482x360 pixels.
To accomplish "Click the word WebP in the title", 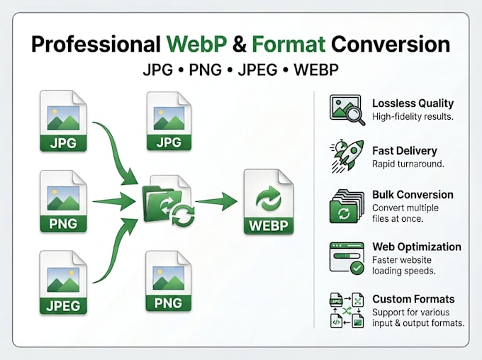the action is [x=197, y=44].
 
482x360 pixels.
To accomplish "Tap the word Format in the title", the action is [x=288, y=44].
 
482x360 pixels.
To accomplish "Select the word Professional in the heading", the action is [x=96, y=44].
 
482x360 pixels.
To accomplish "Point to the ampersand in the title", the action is [x=240, y=44].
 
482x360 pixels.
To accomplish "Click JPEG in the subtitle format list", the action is [x=257, y=69].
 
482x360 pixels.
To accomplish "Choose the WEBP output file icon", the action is [x=269, y=202].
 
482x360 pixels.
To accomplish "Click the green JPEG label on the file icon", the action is [x=63, y=306].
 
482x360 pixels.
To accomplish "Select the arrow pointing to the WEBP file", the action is [x=216, y=201].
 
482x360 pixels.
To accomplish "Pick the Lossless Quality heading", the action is [x=413, y=103].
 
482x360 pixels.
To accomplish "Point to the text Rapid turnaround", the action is [x=408, y=164].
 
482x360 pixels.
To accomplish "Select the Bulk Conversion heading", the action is [x=413, y=195].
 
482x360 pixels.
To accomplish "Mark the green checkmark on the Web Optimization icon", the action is [x=357, y=268].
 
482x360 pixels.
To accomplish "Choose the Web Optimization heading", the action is [x=417, y=247].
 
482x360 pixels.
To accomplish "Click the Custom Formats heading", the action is [x=413, y=299].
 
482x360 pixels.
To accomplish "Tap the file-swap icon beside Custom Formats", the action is [x=347, y=310].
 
